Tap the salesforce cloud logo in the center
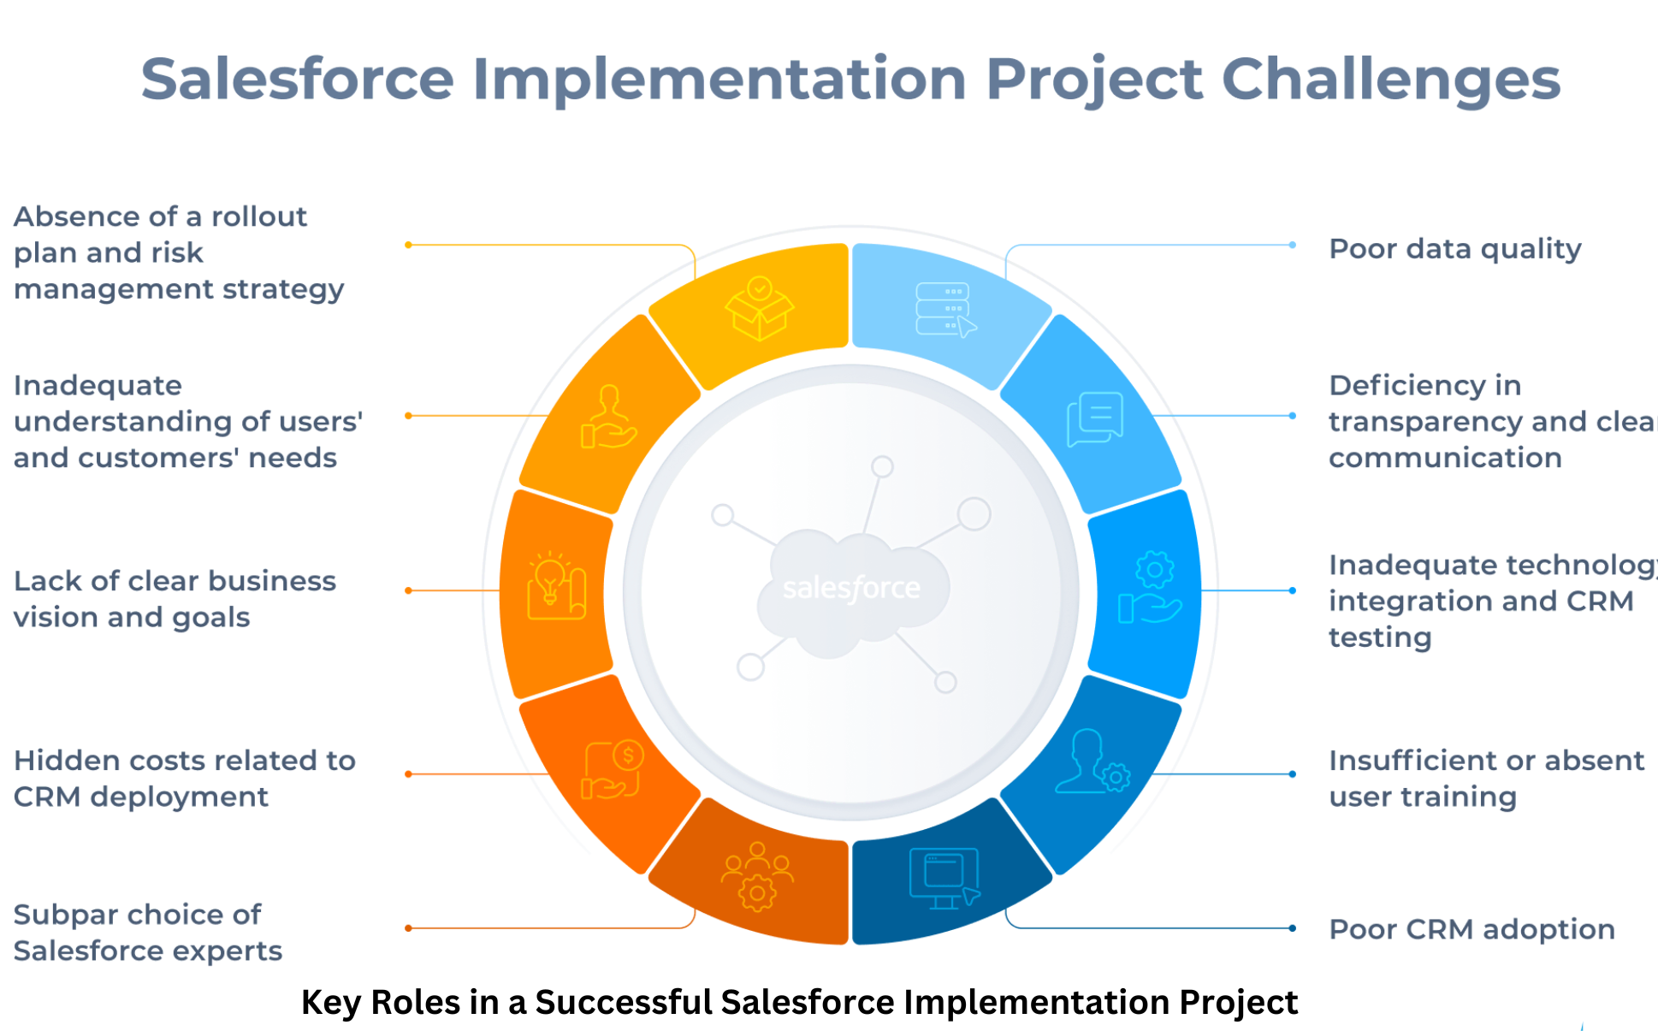[852, 588]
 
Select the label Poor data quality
[1454, 249]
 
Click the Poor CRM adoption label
[1471, 929]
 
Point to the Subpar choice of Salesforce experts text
[147, 933]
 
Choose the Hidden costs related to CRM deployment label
[184, 779]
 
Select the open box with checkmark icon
[759, 308]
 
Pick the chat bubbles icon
[1095, 418]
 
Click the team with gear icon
[757, 876]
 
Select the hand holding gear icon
[1151, 589]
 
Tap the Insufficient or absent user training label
[1485, 779]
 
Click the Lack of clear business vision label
[175, 599]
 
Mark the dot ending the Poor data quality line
[1292, 246]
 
